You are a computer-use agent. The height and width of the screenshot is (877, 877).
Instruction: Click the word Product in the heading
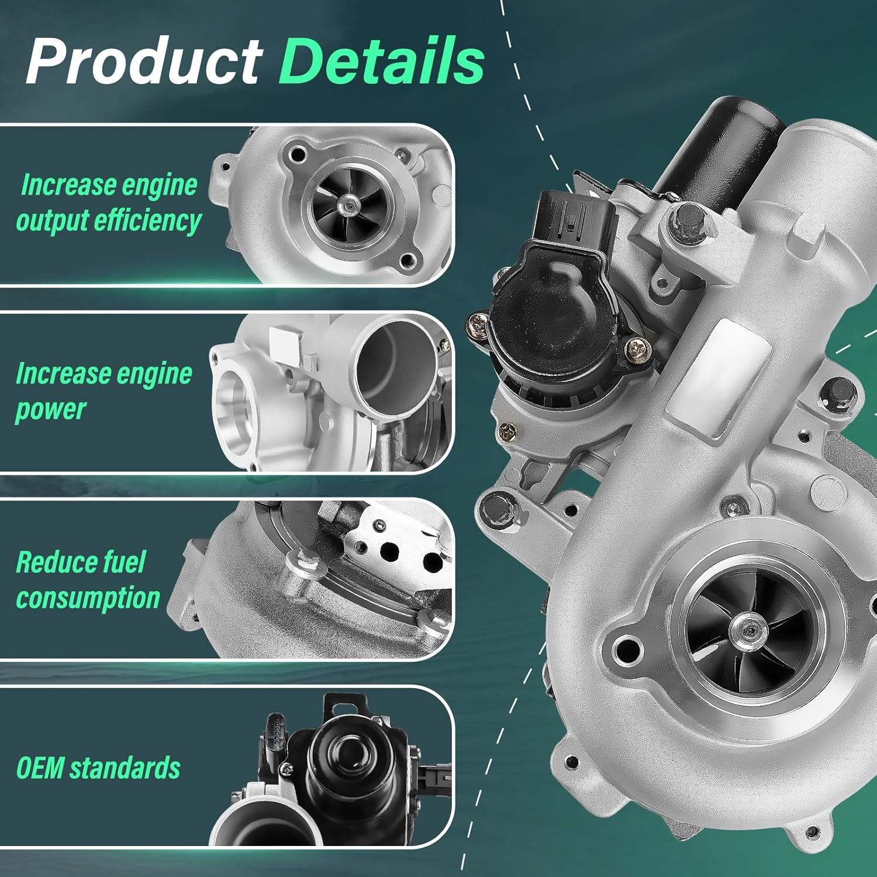(x=143, y=61)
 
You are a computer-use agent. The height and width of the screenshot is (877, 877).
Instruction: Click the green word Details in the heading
(x=381, y=61)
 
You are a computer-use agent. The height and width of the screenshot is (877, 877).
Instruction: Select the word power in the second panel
(x=51, y=409)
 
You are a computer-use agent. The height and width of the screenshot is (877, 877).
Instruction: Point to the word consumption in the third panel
(x=88, y=598)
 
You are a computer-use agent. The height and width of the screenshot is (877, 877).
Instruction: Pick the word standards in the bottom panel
(x=133, y=768)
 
